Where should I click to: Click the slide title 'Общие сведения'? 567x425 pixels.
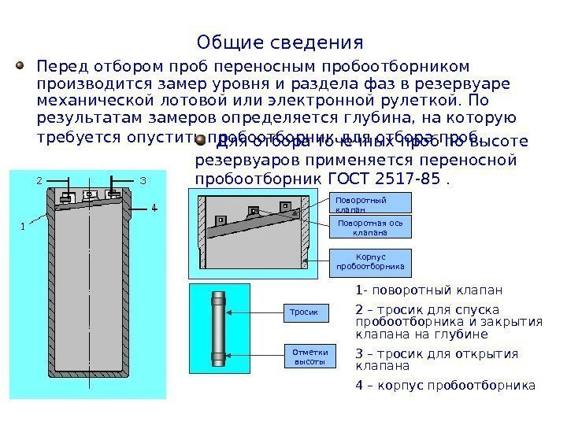point(280,41)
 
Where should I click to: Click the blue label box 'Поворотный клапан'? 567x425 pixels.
point(369,203)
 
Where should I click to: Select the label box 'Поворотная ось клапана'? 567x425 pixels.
point(369,227)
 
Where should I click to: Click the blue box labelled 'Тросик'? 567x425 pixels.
point(305,313)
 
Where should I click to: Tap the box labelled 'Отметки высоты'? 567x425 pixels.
point(309,357)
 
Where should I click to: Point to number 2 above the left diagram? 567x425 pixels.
point(39,180)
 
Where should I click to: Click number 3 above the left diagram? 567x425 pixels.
point(143,180)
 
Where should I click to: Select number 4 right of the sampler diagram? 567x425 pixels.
point(154,209)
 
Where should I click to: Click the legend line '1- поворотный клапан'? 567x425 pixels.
point(428,290)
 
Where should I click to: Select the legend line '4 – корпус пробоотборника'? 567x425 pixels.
point(445,386)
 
